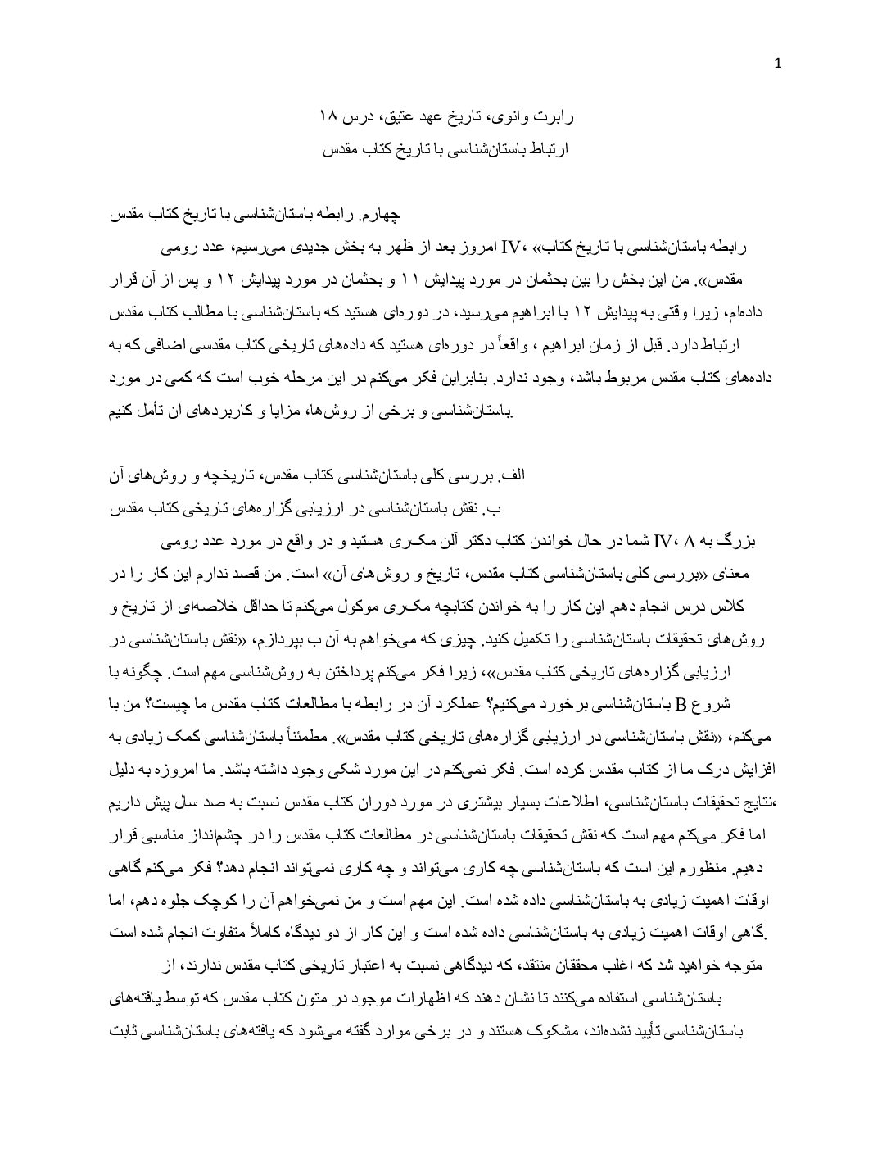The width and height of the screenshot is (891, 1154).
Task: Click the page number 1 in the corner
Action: tap(778, 65)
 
